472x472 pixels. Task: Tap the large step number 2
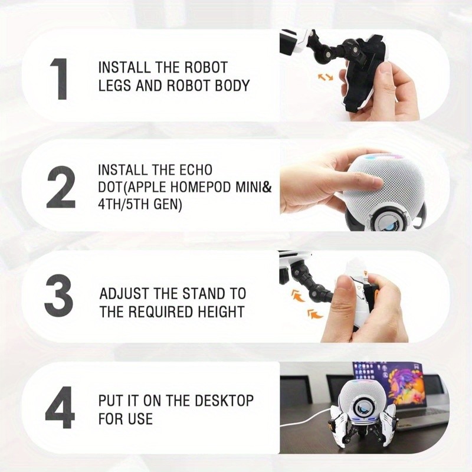pos(61,187)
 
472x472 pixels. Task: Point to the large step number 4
pos(61,408)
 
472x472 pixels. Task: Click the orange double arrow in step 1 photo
pos(326,77)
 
